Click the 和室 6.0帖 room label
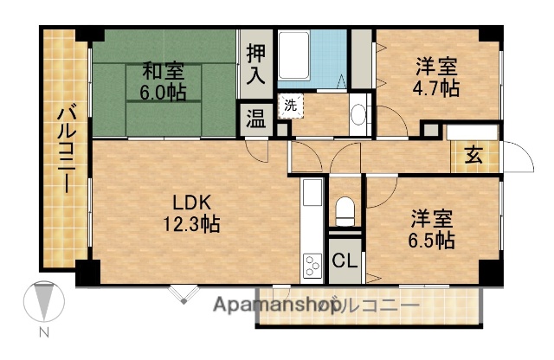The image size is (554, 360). tap(164, 80)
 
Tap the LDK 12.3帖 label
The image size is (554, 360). tap(195, 213)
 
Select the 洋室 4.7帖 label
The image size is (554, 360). tap(436, 76)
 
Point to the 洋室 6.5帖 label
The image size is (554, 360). tap(432, 229)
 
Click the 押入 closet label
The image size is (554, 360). tap(255, 64)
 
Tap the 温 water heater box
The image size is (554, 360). tap(255, 118)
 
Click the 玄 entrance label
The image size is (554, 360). tap(474, 156)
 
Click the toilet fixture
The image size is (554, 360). tap(345, 209)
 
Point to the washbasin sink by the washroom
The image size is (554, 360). tap(359, 115)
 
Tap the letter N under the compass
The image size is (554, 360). tap(42, 332)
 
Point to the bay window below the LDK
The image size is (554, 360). tap(183, 292)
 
